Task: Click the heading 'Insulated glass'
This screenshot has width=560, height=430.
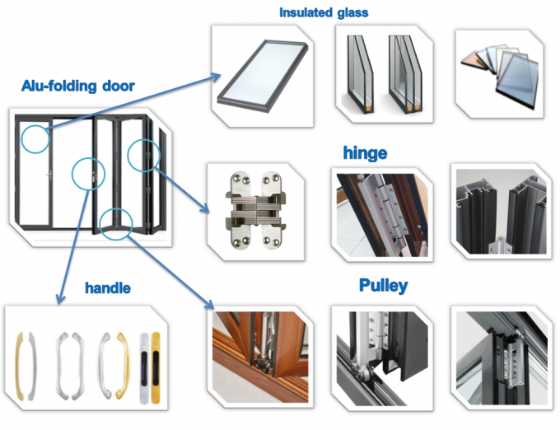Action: pos(323,12)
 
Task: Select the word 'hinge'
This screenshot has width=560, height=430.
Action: pos(364,153)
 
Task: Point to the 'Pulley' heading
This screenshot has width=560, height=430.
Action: pos(383,286)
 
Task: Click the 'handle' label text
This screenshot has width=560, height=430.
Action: pos(108,288)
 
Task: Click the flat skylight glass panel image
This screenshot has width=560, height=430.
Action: pos(262,76)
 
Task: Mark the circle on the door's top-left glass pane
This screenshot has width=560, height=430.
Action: pos(35,138)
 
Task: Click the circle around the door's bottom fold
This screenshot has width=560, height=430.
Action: pos(116,222)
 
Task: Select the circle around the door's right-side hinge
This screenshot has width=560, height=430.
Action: pos(141,154)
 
